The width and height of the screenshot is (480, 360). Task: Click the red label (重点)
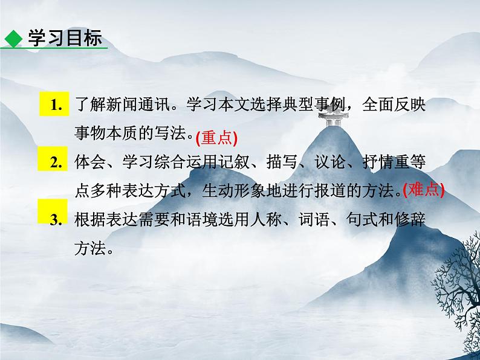(217, 138)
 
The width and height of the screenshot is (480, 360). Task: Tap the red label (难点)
(423, 190)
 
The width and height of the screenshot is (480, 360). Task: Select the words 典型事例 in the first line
(313, 104)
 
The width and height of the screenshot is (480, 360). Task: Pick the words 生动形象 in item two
(249, 191)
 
